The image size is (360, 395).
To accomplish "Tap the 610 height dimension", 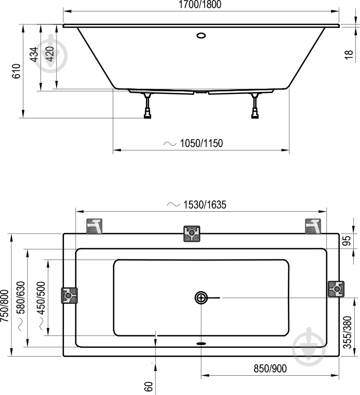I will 16,71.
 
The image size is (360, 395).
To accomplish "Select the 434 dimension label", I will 34,55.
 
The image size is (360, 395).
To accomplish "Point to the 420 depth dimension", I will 50,55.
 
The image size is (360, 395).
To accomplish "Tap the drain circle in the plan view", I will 201,297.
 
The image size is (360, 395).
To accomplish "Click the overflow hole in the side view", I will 201,36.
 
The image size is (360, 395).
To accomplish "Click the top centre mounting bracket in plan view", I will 192,234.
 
